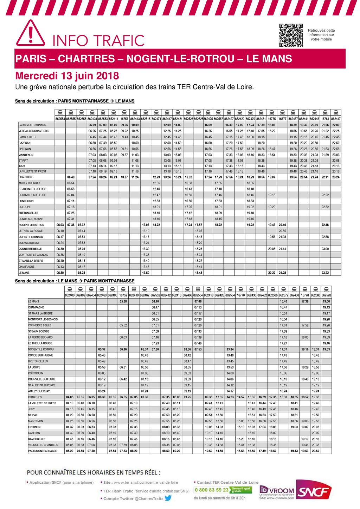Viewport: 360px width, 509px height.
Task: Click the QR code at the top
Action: click(x=291, y=35)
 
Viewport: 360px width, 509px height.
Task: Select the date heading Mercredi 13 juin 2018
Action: click(x=67, y=76)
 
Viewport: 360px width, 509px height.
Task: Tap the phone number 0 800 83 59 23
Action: click(x=211, y=489)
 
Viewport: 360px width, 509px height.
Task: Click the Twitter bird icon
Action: click(x=168, y=498)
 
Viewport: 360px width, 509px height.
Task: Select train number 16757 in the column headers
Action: click(x=124, y=119)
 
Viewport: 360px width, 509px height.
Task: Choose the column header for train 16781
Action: click(x=325, y=119)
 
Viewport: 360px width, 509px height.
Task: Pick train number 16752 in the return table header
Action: click(x=123, y=295)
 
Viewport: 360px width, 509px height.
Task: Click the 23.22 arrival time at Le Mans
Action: click(x=325, y=273)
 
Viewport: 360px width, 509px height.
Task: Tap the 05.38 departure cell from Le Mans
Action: click(x=123, y=301)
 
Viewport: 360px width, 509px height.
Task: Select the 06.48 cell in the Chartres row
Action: click(x=71, y=177)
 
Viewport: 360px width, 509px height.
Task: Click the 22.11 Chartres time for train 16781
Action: click(x=325, y=177)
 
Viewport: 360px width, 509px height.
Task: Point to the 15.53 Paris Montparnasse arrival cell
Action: click(x=241, y=451)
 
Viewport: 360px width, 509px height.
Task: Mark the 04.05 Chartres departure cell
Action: click(x=70, y=397)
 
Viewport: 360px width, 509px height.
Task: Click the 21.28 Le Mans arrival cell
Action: click(x=282, y=273)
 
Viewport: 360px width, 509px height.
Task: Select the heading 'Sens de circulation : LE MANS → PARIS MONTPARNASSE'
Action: click(x=75, y=281)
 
